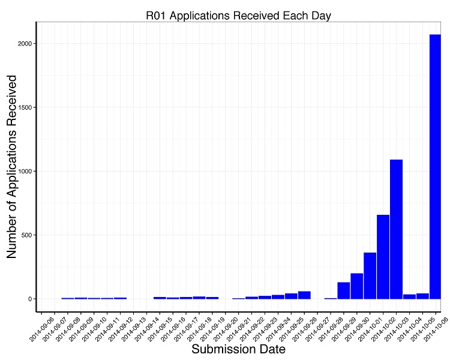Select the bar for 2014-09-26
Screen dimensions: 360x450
tap(304, 295)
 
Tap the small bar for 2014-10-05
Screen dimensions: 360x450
tap(422, 296)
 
